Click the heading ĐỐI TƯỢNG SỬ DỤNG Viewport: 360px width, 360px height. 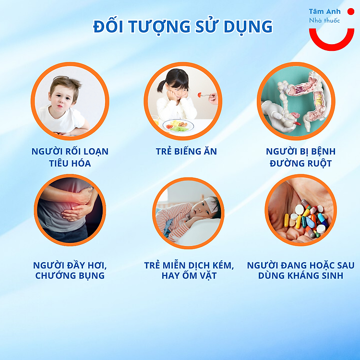[x=183, y=26]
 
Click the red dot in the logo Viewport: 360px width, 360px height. [x=351, y=12]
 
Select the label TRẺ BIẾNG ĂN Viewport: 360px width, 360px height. [x=186, y=152]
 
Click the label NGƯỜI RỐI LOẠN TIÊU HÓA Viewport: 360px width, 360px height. [x=70, y=157]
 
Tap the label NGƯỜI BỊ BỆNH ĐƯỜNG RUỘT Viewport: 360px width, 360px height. [x=300, y=157]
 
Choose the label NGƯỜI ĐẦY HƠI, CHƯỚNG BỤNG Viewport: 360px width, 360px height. [x=70, y=270]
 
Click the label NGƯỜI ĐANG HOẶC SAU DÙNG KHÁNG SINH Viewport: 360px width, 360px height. [x=301, y=270]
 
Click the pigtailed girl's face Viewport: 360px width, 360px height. [x=176, y=88]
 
